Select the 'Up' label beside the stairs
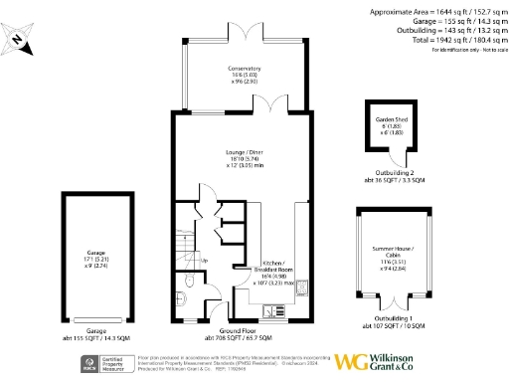pyautogui.click(x=205, y=261)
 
